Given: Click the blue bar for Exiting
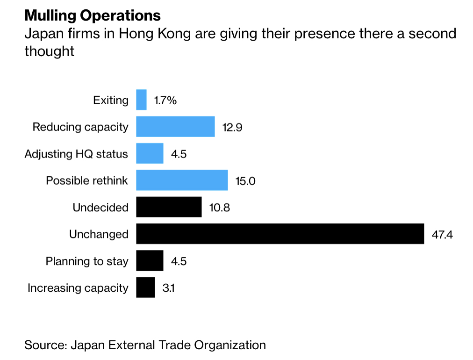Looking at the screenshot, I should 141,100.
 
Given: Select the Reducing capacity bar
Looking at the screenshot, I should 175,127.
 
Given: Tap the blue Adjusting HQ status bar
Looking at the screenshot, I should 150,153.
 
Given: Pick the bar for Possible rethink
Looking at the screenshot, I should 182,180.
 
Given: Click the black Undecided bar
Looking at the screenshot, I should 169,207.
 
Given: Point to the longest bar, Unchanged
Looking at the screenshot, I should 279,234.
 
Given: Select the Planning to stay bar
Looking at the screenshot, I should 150,261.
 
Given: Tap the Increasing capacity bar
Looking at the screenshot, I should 145,288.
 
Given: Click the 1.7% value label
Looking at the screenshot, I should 165,100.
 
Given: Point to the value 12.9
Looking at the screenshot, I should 232,127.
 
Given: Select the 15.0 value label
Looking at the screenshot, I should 245,180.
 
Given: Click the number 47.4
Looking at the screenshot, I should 442,234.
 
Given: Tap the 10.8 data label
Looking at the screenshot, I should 220,207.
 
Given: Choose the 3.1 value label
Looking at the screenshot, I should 168,288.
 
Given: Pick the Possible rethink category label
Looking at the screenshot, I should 87,180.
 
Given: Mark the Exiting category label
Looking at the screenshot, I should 110,100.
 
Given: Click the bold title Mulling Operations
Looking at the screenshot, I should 93,15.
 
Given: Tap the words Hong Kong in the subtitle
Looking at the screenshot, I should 149,34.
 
